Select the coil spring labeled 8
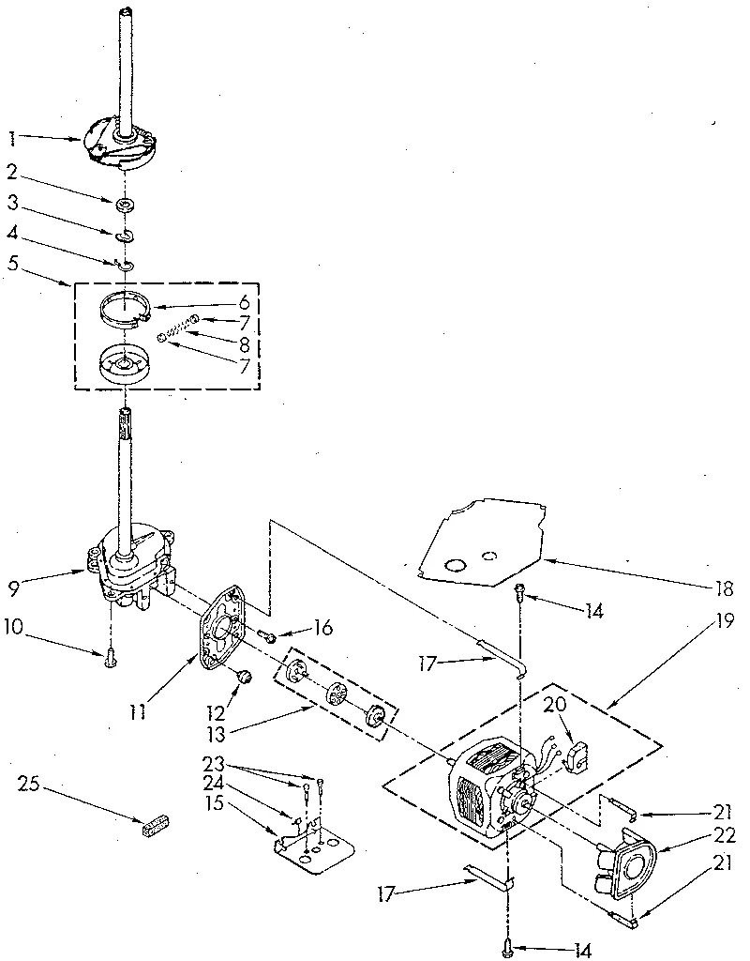click(177, 329)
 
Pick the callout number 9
click(14, 589)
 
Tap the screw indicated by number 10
click(110, 659)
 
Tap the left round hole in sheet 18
click(454, 565)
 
